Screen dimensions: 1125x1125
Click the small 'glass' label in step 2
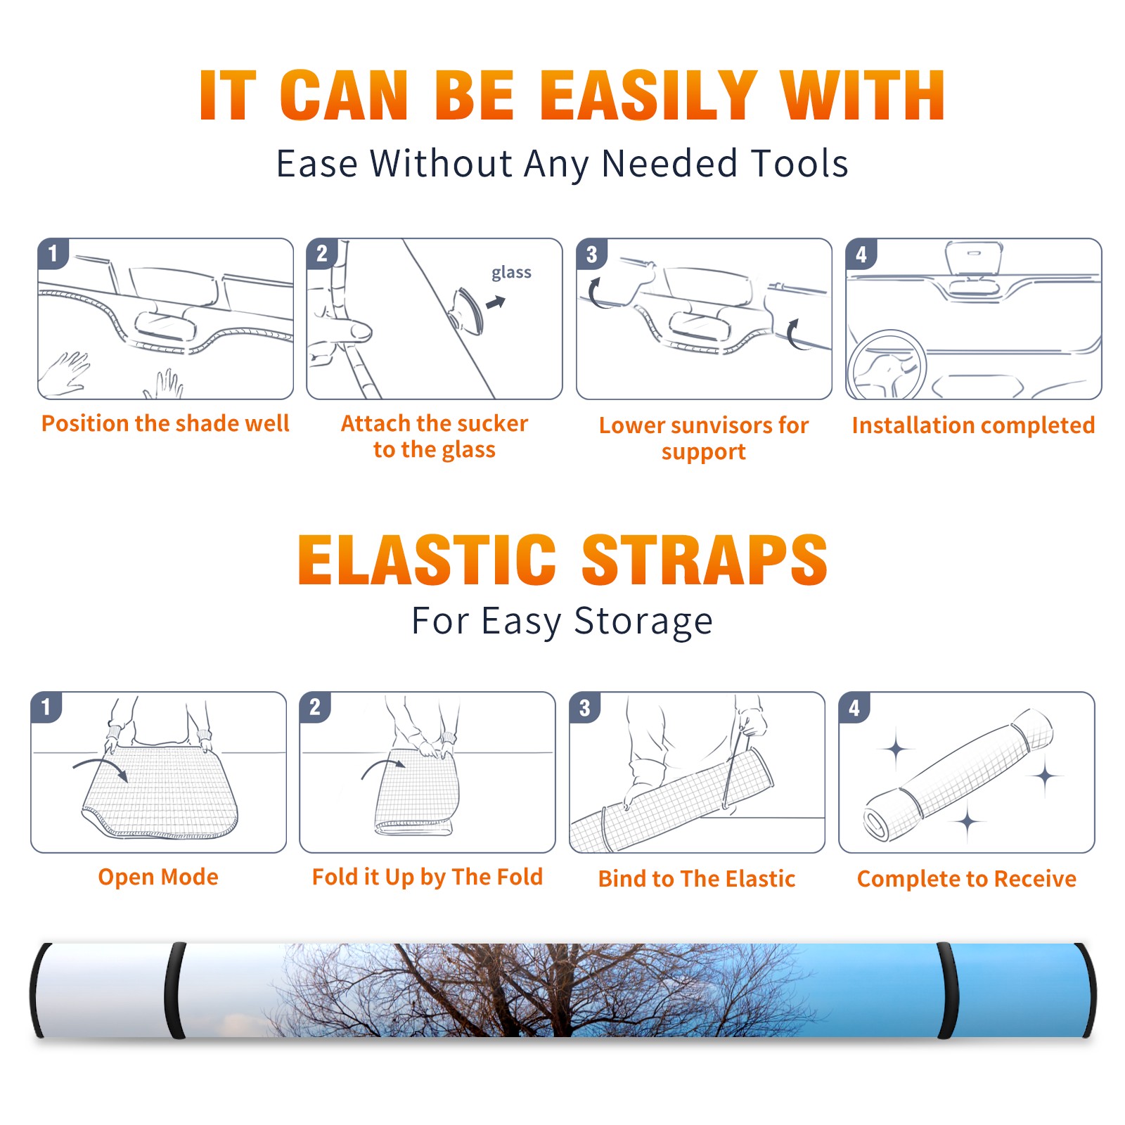tap(511, 273)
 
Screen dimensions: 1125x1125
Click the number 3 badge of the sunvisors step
tap(591, 255)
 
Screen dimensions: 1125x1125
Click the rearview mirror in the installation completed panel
tap(974, 258)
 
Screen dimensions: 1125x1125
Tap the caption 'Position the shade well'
tap(165, 423)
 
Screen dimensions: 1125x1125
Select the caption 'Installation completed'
tap(973, 425)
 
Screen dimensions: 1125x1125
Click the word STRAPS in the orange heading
tap(705, 560)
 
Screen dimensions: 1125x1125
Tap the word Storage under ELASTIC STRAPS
tap(643, 622)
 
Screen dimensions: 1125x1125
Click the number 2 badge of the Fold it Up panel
tap(314, 707)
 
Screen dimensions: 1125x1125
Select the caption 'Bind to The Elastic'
tap(696, 879)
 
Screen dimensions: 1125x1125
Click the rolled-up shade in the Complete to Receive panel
tap(959, 776)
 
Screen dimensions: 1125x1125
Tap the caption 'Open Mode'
tap(158, 877)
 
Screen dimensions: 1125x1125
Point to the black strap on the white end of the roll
tap(175, 991)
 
